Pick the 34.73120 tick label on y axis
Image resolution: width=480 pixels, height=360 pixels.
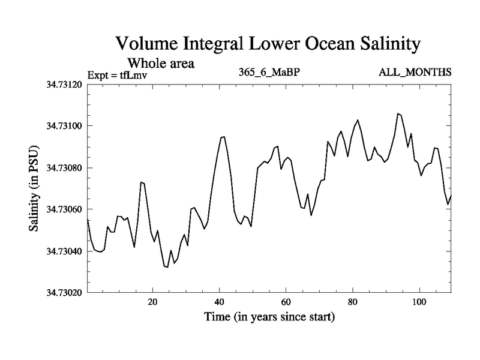pyautogui.click(x=65, y=84)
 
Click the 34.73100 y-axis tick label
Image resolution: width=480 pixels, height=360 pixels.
pyautogui.click(x=65, y=126)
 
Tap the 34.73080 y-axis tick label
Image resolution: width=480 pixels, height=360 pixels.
pyautogui.click(x=65, y=167)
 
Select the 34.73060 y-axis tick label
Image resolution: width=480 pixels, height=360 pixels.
pyautogui.click(x=65, y=209)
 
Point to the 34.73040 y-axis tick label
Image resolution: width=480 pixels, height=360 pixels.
pyautogui.click(x=65, y=251)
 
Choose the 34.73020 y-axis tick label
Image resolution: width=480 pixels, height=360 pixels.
pyautogui.click(x=65, y=293)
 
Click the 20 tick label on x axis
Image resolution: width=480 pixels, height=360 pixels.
pyautogui.click(x=152, y=302)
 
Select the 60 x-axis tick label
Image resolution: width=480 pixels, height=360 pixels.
pyautogui.click(x=286, y=302)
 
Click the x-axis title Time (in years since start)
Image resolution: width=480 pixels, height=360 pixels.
pyautogui.click(x=269, y=316)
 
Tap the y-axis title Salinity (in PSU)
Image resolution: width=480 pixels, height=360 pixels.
pyautogui.click(x=34, y=188)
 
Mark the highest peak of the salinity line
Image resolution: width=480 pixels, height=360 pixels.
pyautogui.click(x=398, y=113)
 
